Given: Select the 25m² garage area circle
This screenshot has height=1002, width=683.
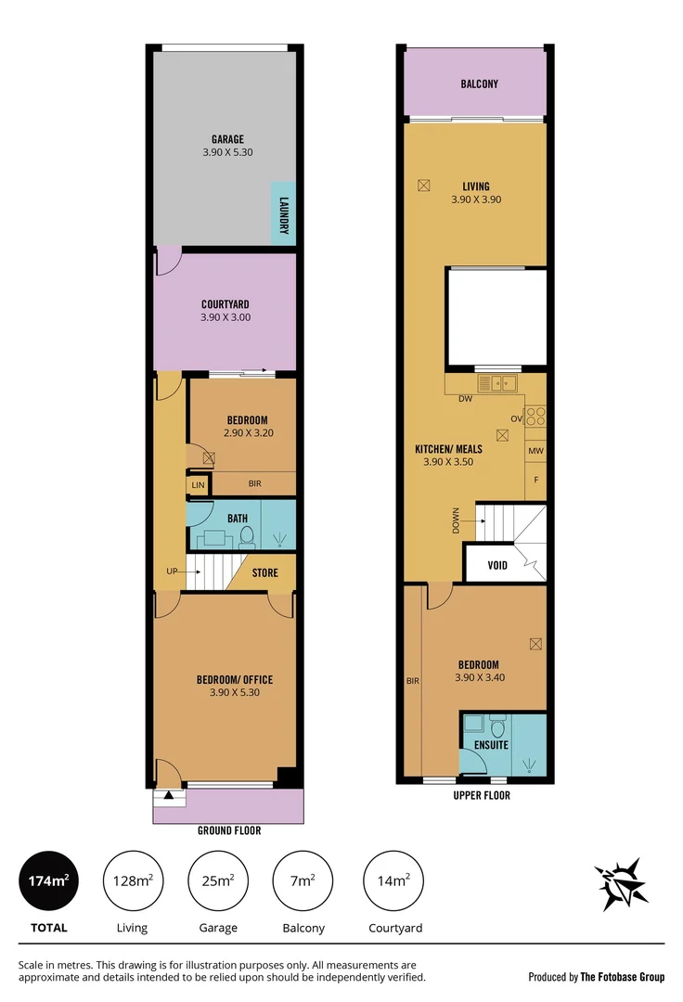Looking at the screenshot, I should coord(218,880).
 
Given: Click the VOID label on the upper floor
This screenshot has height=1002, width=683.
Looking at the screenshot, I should coord(497,564).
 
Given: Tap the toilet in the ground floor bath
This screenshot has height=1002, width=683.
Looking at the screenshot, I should coord(247,535).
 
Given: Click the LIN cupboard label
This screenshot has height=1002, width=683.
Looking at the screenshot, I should coord(198,485).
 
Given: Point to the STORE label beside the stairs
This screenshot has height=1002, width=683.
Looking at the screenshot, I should coord(264,573).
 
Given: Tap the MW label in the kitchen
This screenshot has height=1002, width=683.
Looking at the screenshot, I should coord(535,452).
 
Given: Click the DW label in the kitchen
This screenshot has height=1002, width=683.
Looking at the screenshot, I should coord(466,400).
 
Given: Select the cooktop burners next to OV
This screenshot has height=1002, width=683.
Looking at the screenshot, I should coord(536,417).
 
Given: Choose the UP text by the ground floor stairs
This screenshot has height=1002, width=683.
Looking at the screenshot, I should coord(172,572).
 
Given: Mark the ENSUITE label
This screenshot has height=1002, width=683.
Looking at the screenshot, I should coord(492,744).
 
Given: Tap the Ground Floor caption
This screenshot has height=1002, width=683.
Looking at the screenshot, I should coord(228,830).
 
